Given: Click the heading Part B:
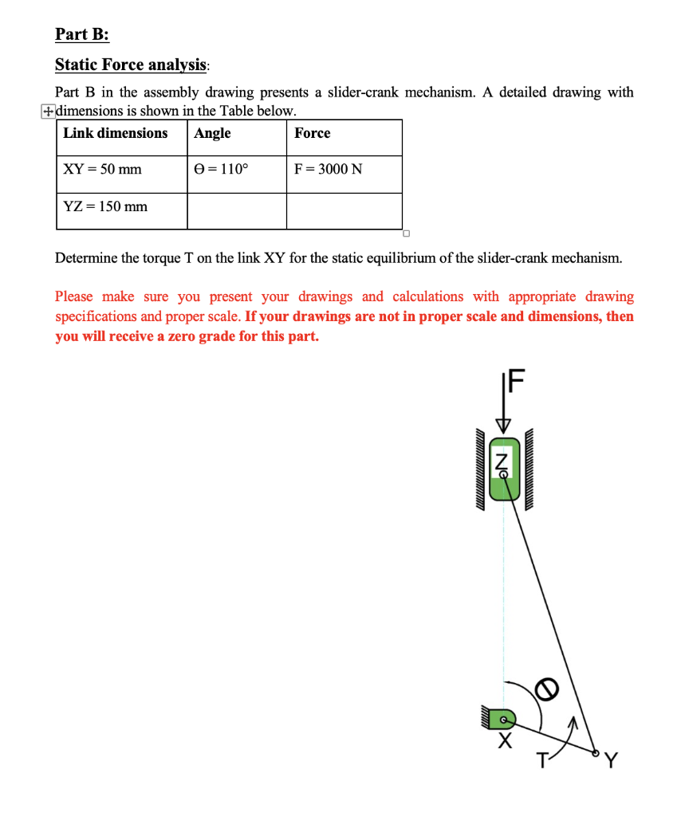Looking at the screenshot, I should click(82, 34).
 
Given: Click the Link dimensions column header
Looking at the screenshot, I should click(116, 133).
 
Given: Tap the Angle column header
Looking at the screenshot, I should click(213, 133).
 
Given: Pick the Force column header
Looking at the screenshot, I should click(312, 133).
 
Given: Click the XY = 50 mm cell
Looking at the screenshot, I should click(102, 169).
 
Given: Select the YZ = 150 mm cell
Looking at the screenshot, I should click(105, 206).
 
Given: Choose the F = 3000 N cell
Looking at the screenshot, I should click(328, 169).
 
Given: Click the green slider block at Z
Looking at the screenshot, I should click(503, 469).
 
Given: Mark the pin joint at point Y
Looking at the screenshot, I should click(595, 751).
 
